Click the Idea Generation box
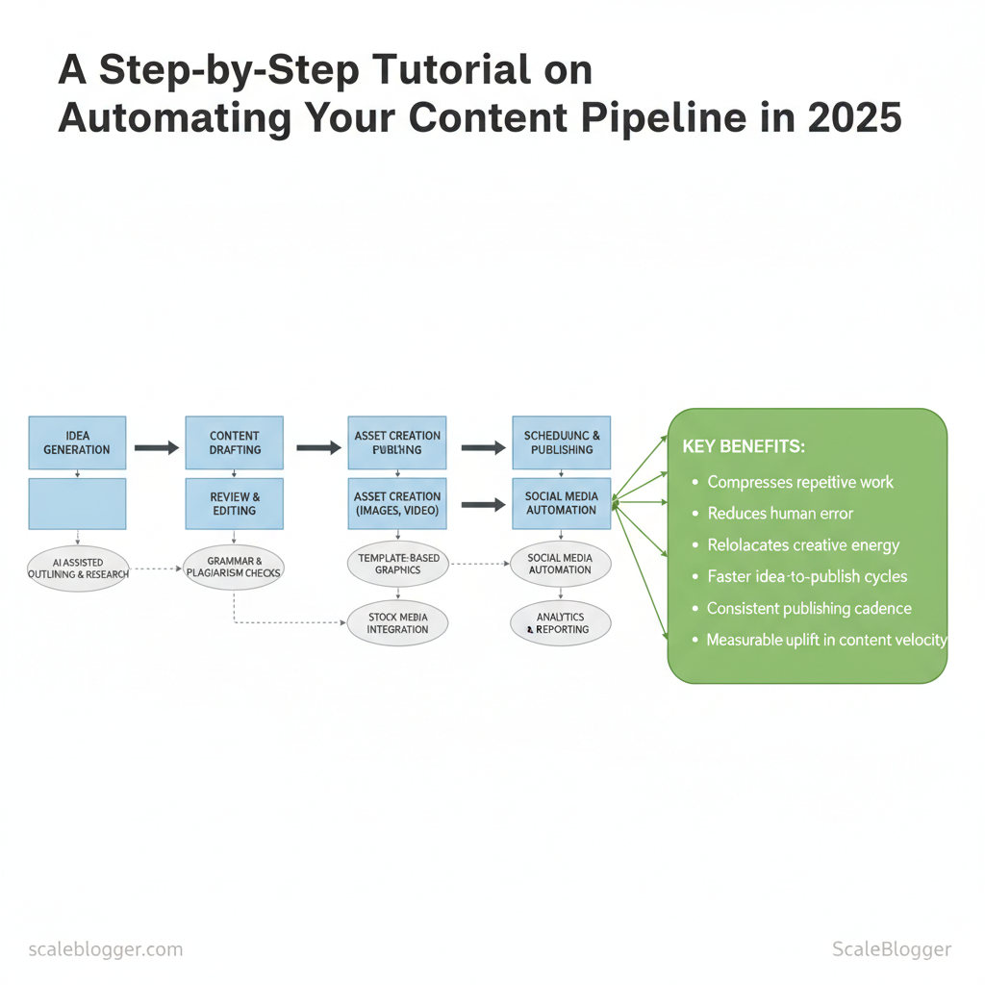(x=77, y=442)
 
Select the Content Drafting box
(x=235, y=442)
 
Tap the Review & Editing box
(x=235, y=503)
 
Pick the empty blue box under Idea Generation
(x=77, y=503)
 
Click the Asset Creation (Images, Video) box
(x=396, y=503)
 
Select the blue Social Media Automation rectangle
(x=561, y=503)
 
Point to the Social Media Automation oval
(x=561, y=564)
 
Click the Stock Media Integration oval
(x=397, y=622)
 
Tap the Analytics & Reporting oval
(x=561, y=623)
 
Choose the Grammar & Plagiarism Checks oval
(x=234, y=567)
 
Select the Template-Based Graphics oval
(x=396, y=564)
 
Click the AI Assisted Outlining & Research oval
(x=77, y=568)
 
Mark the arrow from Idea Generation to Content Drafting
(x=156, y=447)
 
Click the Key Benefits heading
(x=744, y=447)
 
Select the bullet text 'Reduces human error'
(x=780, y=514)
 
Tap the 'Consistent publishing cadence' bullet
(x=809, y=609)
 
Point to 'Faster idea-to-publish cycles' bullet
(x=807, y=577)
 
